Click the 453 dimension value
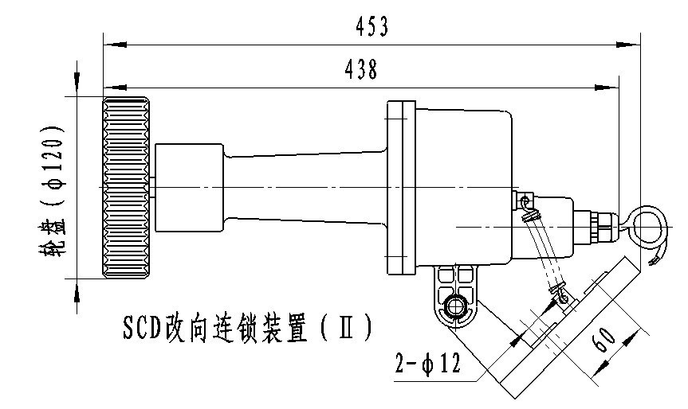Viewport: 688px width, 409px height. point(373,27)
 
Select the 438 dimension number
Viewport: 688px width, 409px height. point(361,70)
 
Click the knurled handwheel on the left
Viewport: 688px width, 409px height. point(126,188)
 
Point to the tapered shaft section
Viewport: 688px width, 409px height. point(303,188)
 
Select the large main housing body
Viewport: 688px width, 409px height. point(462,188)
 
